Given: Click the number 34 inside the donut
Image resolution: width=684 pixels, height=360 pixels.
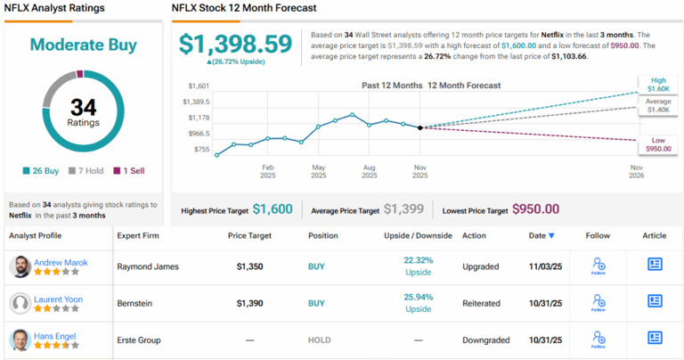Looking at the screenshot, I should point(83,107).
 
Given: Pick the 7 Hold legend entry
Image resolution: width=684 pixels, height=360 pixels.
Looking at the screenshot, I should point(87,171).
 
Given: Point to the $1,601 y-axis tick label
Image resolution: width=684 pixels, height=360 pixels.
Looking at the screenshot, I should point(198,86).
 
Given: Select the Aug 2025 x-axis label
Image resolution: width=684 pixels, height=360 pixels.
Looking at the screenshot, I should point(369,170).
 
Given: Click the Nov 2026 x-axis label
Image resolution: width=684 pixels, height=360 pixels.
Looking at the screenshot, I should point(637,170).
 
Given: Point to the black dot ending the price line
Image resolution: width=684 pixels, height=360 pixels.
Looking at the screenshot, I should point(420,127).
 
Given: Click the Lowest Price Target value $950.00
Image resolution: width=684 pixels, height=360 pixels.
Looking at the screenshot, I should point(535,209).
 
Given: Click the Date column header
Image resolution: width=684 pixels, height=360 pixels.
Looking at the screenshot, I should point(541,235).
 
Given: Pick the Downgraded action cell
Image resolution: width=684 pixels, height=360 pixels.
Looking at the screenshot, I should point(485,340).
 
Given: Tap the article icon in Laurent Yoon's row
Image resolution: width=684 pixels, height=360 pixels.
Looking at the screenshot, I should point(655,302).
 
